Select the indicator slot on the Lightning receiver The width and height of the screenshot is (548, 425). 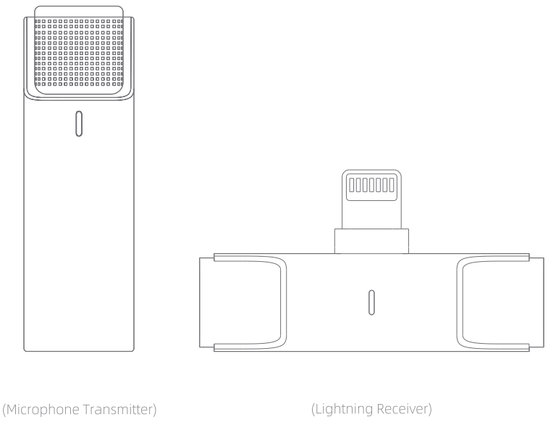371,302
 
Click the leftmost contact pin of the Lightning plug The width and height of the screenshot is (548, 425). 353,186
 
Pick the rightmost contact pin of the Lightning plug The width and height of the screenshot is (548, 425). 391,186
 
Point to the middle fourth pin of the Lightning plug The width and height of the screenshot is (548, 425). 371,186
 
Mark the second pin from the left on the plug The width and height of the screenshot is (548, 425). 359,186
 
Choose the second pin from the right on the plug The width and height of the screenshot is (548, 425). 384,186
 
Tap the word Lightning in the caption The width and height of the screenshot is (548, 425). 345,410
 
